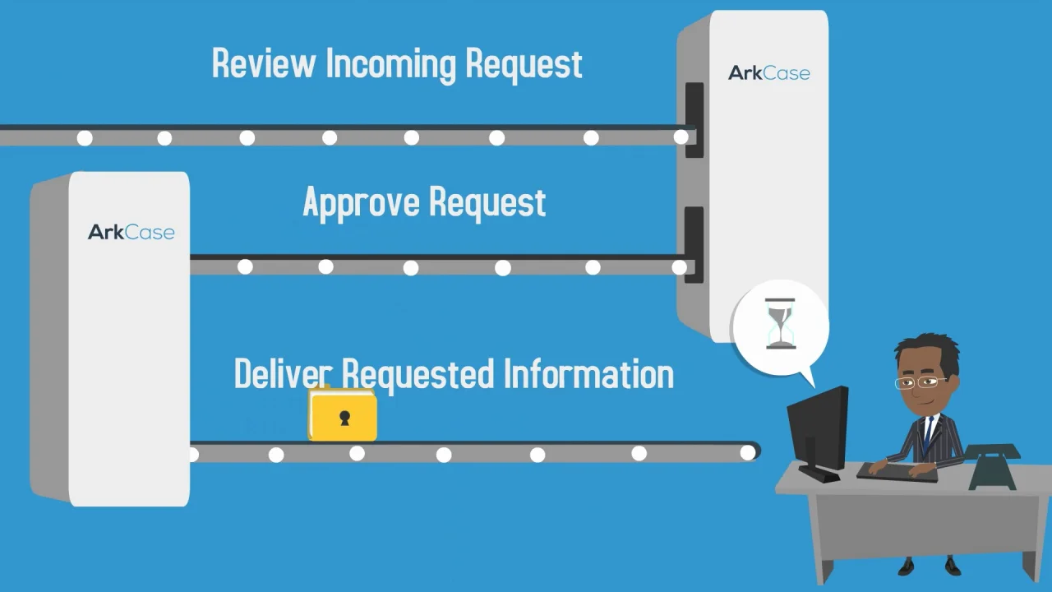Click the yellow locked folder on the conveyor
point(343,417)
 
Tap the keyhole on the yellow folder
point(344,419)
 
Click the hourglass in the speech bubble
point(780,325)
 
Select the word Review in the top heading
point(263,64)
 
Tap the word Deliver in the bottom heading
point(281,374)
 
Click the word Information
point(588,374)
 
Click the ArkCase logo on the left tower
point(131,232)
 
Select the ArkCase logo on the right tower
point(769,73)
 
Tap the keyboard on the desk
point(896,472)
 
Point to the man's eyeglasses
point(920,382)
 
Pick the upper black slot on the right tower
point(694,119)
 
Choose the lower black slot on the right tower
point(694,244)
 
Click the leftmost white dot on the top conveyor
point(85,138)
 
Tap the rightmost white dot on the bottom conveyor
point(747,452)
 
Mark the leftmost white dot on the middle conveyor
point(245,266)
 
